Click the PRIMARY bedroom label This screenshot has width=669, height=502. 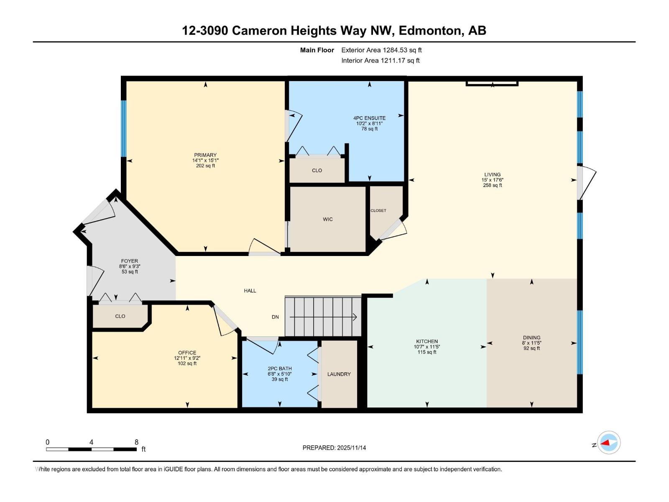[x=205, y=155]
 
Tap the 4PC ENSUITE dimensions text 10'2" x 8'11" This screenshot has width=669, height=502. [x=369, y=123]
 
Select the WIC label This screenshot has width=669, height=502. [x=328, y=219]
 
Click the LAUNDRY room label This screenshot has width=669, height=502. [x=339, y=374]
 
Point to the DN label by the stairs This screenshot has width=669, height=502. [x=275, y=317]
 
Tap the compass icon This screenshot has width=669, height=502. [x=608, y=442]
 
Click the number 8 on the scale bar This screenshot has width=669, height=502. [x=136, y=442]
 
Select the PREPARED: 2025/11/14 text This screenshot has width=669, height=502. [x=334, y=448]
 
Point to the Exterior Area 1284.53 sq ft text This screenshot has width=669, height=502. [x=381, y=50]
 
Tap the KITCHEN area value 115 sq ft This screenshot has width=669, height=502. [x=427, y=352]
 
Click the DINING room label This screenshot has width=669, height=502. [x=531, y=338]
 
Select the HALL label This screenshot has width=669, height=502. [x=250, y=291]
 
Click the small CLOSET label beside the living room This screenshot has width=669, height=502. [x=378, y=210]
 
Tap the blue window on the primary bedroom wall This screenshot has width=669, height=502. [x=123, y=128]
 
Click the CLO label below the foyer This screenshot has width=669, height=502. [x=120, y=316]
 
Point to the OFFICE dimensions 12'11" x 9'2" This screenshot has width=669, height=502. [x=187, y=358]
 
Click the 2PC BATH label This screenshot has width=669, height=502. [x=280, y=369]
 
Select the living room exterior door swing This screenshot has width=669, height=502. [x=586, y=183]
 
